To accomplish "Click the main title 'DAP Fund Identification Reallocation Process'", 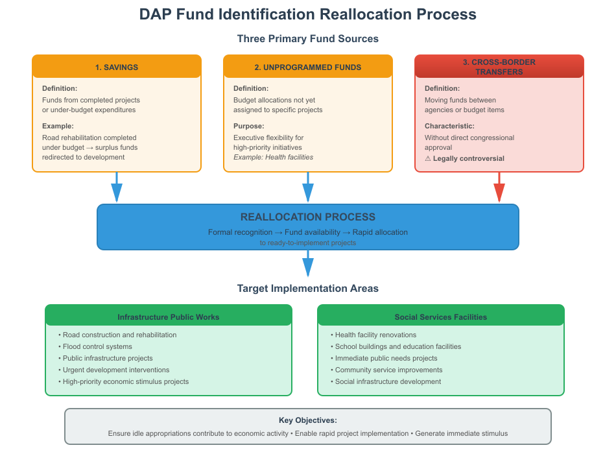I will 308,14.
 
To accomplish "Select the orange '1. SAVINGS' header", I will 117,67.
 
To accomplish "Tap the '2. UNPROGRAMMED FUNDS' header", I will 308,67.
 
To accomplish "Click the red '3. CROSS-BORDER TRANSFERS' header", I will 499,67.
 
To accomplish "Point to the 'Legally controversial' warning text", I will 468,158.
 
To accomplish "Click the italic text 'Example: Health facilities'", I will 273,157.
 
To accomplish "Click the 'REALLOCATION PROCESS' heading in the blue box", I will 308,217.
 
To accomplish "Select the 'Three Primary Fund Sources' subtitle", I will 308,39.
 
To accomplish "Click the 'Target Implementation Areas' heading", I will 308,288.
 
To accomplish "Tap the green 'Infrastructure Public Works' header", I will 169,317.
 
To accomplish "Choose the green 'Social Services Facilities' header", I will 441,317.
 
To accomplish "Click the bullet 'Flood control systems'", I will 97,346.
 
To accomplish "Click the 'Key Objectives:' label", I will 308,420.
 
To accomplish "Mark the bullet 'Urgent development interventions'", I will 116,370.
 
